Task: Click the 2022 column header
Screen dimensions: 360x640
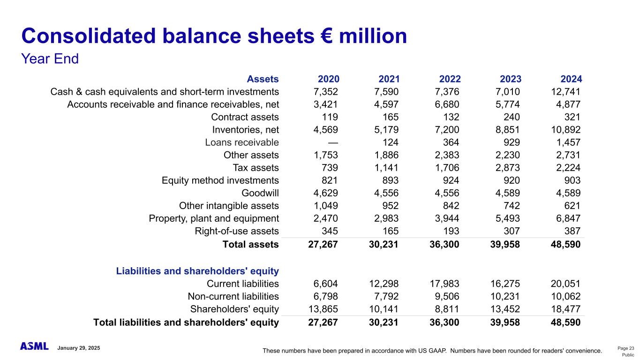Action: [448, 79]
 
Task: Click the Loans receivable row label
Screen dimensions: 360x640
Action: [242, 142]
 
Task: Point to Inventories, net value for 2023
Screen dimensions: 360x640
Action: [504, 130]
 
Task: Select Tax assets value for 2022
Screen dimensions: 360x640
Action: [446, 168]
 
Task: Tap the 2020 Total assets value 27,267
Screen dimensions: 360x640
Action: [323, 244]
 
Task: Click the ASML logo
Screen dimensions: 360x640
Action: [34, 346]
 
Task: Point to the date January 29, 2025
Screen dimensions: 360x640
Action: [78, 348]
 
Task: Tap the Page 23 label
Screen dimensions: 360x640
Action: [625, 348]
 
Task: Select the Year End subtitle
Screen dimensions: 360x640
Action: [50, 59]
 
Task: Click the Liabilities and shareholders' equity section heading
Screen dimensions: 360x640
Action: [197, 271]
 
